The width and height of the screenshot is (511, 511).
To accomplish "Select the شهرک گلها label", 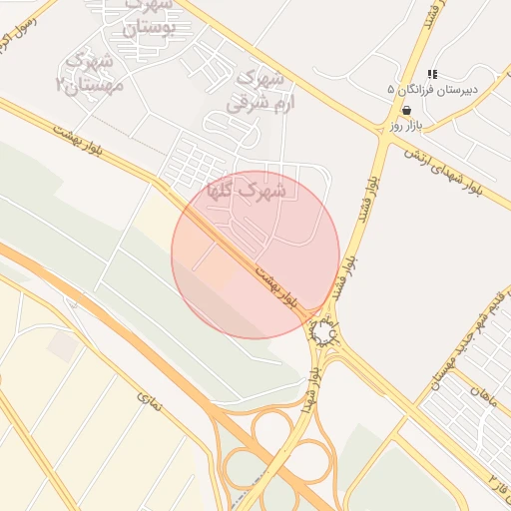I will coord(246,188).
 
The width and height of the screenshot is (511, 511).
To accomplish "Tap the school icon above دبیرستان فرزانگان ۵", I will coord(432,74).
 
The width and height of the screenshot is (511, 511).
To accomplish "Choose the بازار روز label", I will coord(407,126).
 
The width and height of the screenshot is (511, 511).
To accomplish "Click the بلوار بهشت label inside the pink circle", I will coord(275,284).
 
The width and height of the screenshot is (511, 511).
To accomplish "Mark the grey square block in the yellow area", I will coord(64,347).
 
